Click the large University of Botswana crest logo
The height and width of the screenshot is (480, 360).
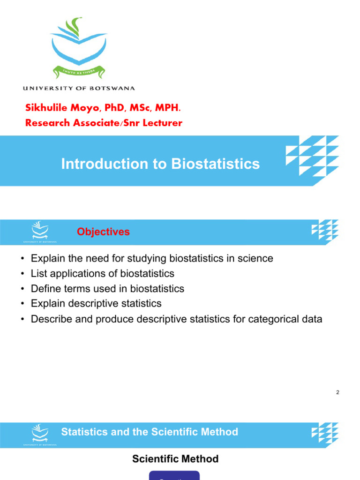tap(78, 47)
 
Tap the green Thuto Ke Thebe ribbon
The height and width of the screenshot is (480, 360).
tap(78, 72)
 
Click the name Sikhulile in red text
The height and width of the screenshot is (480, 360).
tap(46, 108)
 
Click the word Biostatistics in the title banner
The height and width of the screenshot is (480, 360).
tap(215, 164)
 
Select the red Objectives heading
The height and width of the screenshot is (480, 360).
tap(103, 232)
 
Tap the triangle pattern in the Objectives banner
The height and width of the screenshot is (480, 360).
tap(325, 230)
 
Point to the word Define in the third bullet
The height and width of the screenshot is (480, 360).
tap(45, 288)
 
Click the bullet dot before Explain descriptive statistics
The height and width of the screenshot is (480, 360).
tap(22, 304)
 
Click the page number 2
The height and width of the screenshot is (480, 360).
tap(337, 392)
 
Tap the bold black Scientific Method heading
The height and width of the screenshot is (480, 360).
tap(175, 459)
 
